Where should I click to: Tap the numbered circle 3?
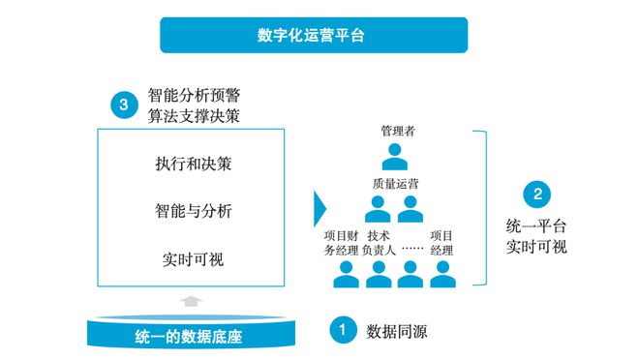(123, 105)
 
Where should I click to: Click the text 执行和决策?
(193, 164)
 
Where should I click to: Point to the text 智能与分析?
(193, 210)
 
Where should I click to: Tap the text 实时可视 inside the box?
(193, 259)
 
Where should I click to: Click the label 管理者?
(397, 131)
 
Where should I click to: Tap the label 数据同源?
(397, 331)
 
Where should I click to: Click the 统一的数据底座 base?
(189, 335)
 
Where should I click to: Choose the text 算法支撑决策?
(194, 117)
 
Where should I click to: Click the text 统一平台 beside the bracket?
(535, 225)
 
